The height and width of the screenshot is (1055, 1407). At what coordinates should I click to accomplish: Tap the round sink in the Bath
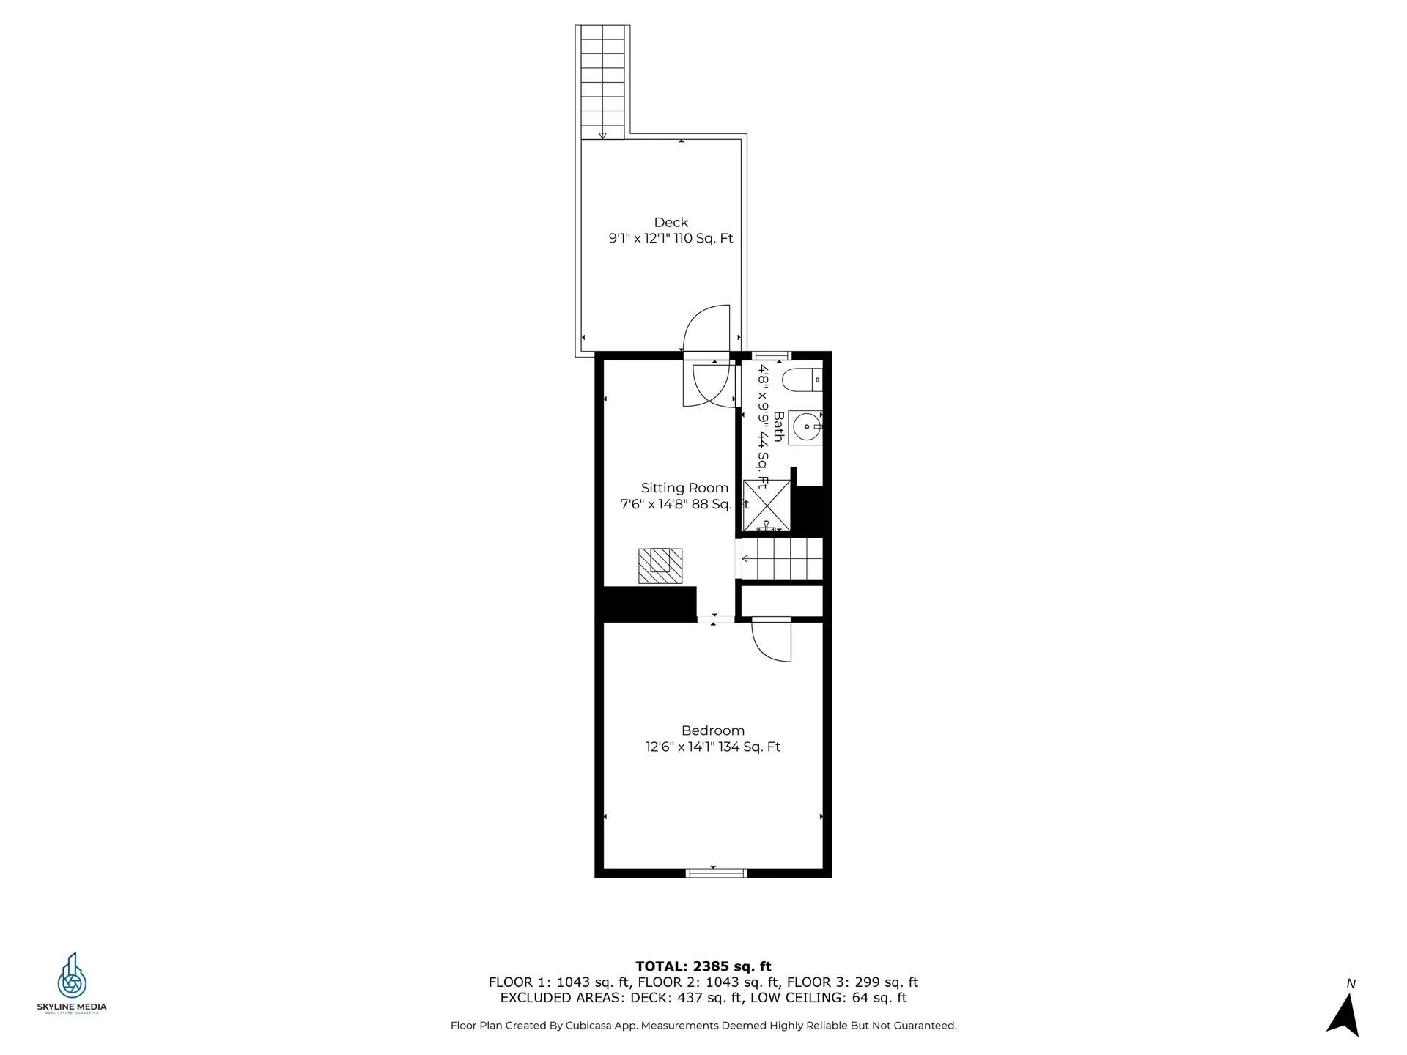coord(806,426)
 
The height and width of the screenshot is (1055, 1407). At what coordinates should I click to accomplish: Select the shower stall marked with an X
coord(767,506)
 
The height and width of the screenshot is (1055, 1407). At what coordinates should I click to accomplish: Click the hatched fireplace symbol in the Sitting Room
coord(660,566)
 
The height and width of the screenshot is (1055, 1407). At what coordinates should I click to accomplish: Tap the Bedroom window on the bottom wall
coord(716,873)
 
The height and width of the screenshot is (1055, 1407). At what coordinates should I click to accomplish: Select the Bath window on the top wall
coord(772,355)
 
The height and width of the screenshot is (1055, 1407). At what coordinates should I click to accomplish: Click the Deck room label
coord(671,222)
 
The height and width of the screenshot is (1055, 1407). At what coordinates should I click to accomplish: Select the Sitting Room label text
coord(684,488)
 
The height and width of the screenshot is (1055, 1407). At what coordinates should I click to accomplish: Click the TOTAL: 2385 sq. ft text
coord(703,966)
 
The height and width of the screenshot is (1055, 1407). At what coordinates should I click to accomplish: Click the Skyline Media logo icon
coord(72,976)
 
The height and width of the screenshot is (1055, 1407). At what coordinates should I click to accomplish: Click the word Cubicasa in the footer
coord(589,1026)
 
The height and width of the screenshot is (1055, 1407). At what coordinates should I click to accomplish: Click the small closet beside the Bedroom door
coord(781,601)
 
